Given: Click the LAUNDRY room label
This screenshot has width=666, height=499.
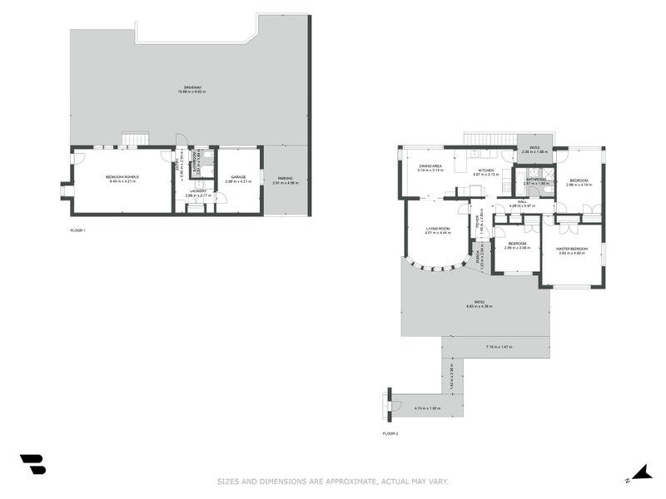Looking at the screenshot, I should pos(197,191).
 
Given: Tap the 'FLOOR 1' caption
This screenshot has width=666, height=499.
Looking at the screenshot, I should pos(77,230).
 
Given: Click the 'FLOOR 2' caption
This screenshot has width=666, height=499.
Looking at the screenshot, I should pos(390,433).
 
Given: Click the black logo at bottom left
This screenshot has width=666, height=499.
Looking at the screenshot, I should pos(32,464).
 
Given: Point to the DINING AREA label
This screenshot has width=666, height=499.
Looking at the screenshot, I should pos(430,166).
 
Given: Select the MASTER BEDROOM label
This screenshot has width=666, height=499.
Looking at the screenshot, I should pos(574,249).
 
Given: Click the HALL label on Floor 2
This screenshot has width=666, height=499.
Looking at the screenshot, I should pos(521,200).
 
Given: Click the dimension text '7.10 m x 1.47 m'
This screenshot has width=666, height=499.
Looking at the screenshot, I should pos(497,346).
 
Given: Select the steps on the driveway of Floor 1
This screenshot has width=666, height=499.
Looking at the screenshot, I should pos(134,139).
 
